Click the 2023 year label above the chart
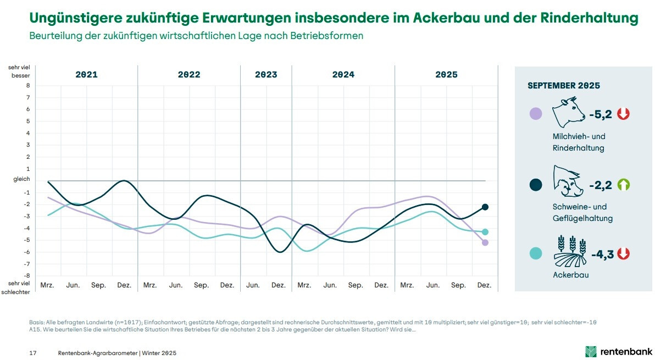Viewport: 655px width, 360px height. tap(266, 75)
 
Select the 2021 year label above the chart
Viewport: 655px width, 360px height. tap(86, 75)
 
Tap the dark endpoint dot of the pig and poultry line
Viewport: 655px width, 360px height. tap(485, 207)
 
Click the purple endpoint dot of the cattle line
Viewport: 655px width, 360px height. tap(485, 242)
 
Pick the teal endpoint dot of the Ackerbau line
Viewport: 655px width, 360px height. tap(485, 232)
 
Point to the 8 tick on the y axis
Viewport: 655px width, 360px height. tap(27, 86)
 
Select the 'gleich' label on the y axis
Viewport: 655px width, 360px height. tap(22, 179)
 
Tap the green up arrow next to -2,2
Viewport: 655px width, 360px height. tap(624, 185)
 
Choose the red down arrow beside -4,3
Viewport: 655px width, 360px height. tap(623, 254)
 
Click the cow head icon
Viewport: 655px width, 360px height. tap(569, 112)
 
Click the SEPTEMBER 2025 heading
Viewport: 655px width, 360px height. tap(563, 86)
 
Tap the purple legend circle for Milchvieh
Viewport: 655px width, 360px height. tap(535, 114)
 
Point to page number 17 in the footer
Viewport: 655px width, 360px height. tap(32, 352)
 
